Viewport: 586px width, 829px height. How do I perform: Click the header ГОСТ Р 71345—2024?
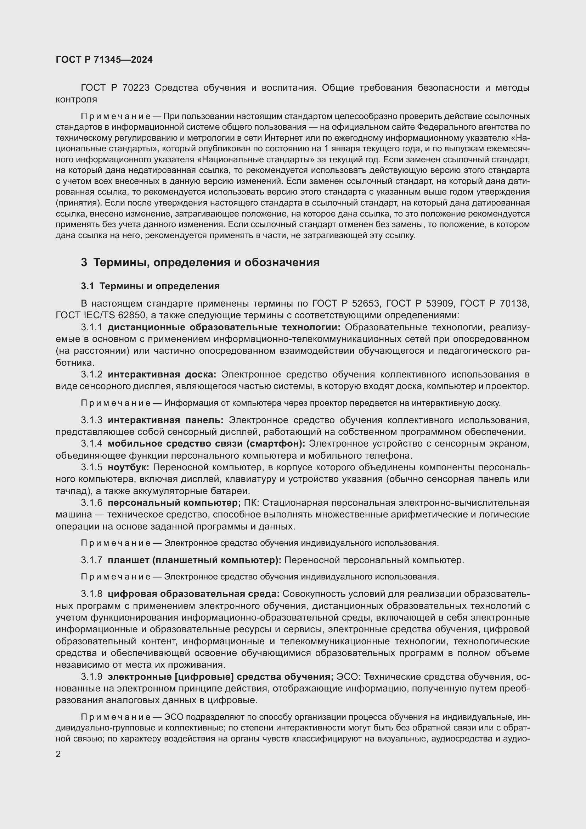tap(104, 60)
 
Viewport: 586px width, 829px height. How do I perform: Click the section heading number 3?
tap(84, 263)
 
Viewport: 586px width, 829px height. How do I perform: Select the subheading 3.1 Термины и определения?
tap(150, 286)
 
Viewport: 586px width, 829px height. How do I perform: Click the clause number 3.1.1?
tap(92, 327)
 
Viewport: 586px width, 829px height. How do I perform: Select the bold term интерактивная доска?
tap(162, 374)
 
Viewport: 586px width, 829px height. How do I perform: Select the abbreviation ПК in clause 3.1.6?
tap(250, 503)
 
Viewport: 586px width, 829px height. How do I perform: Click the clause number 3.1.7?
tap(92, 560)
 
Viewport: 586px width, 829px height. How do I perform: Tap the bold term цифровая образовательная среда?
tap(193, 594)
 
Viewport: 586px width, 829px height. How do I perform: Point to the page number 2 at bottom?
tap(58, 755)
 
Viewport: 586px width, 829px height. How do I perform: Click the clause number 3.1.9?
tap(92, 677)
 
